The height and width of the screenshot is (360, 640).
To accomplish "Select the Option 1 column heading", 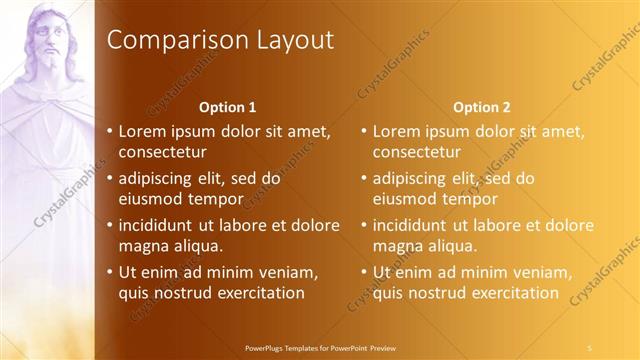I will pos(227,106).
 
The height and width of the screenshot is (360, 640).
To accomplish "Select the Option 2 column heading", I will pos(481,106).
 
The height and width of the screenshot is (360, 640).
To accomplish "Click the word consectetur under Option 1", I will pos(163,152).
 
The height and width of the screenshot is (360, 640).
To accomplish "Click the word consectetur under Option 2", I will pos(417,152).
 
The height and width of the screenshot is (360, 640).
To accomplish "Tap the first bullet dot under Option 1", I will pos(110,131).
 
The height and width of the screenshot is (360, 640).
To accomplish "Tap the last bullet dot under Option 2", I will pos(364,272).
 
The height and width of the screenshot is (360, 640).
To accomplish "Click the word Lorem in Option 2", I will pos(398,131).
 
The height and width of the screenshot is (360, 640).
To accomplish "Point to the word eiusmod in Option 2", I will pos(406,198).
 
